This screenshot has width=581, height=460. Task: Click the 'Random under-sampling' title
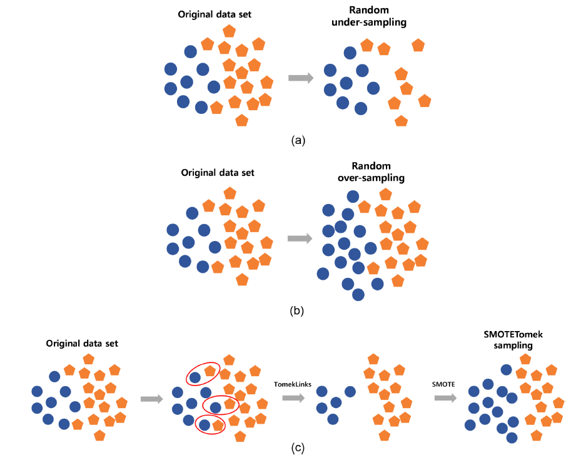coord(369,16)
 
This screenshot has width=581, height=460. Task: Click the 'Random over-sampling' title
coord(371,171)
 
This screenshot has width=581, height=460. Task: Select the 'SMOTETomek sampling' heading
coord(513,340)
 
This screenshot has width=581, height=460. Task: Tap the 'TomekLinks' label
coord(293,384)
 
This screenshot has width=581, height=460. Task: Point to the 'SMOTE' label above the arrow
coord(443,384)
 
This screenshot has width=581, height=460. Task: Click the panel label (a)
coord(298,140)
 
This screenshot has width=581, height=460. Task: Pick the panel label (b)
coord(297,310)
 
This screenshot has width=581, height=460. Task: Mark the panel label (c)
coord(298,447)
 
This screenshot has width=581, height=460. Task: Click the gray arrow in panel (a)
coord(301,78)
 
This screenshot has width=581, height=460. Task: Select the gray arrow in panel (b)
coord(300,238)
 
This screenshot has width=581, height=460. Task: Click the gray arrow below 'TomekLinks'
coord(293,398)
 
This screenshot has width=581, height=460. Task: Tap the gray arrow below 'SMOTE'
coord(445,398)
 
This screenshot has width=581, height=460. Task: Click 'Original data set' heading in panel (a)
coord(215,14)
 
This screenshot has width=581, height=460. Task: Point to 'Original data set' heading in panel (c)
coord(82,344)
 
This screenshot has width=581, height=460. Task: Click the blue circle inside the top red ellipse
coord(195,378)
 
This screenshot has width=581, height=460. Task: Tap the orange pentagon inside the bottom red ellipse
coord(218,425)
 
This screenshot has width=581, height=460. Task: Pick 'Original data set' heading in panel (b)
coord(218,173)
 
